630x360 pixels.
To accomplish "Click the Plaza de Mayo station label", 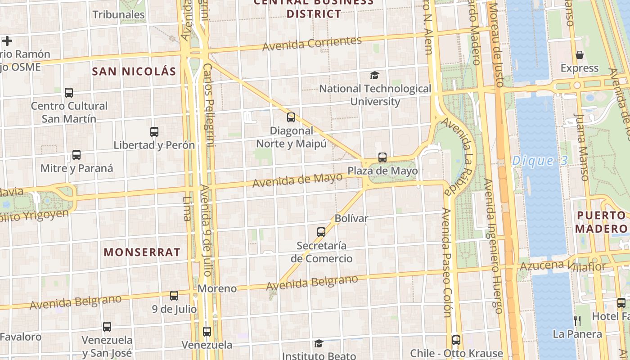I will click(x=382, y=171).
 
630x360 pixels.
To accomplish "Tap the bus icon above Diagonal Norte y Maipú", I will click(x=291, y=117).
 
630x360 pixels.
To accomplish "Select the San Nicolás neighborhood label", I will click(x=134, y=71).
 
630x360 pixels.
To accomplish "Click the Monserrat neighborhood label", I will click(x=142, y=252).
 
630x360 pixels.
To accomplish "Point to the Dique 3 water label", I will click(x=540, y=161).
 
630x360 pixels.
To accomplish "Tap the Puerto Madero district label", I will click(x=602, y=222).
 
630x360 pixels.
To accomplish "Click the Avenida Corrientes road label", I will click(x=312, y=44).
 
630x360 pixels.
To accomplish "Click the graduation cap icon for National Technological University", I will click(x=374, y=75).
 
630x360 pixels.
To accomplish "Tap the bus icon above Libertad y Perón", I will click(x=154, y=132).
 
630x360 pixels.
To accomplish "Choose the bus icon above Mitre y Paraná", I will click(x=76, y=155).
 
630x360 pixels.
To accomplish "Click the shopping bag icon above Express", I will click(x=580, y=55).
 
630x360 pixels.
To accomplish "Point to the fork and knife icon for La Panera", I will click(x=577, y=321).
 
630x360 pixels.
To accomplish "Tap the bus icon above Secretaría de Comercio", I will click(x=321, y=232).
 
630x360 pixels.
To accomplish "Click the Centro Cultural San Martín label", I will click(x=69, y=112).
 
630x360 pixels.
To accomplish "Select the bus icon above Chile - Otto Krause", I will click(x=456, y=340).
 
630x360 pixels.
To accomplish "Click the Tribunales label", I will click(x=118, y=14).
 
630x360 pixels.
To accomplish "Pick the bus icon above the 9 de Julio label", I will click(x=174, y=296).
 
